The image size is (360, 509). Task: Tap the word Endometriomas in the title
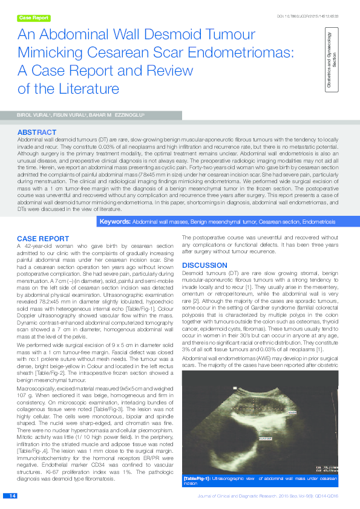point(240,53)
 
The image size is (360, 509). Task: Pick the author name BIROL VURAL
point(33,114)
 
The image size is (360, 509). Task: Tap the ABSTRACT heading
point(38,131)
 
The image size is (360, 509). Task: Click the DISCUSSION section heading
point(205,265)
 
